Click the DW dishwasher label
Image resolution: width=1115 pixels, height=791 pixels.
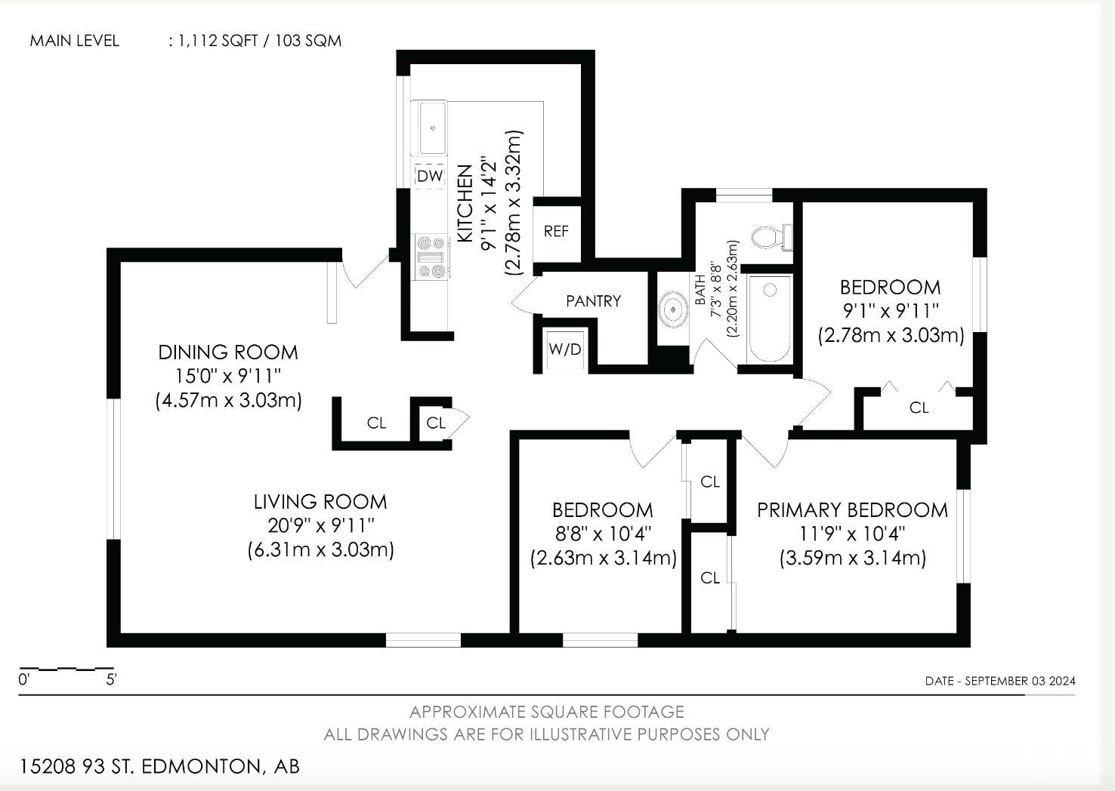point(430,176)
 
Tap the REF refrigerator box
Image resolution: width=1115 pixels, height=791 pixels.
point(557,231)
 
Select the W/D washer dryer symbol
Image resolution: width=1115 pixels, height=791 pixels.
point(565,349)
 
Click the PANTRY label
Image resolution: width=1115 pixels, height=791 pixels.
point(593,301)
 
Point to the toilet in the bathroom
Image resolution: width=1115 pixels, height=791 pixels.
point(771,237)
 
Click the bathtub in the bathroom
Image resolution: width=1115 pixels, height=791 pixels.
point(769,319)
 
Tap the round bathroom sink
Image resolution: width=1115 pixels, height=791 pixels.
point(673,309)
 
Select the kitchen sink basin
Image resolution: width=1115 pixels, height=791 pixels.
point(433,128)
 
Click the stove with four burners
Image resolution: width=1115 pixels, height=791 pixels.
point(431,257)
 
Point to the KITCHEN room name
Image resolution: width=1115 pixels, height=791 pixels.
point(465,204)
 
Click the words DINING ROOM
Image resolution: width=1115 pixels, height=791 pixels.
point(228,352)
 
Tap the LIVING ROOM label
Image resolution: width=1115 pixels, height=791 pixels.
point(320,501)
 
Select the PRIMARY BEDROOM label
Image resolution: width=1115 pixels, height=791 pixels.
point(853,510)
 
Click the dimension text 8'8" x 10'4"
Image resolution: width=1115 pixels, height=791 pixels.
point(604,534)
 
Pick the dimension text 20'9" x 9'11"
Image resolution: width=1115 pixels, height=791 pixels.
point(320,525)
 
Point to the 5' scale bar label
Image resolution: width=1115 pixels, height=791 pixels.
point(111,679)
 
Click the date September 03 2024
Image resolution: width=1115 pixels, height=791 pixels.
point(1020,681)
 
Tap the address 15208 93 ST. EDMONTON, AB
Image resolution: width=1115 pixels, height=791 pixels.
point(159,767)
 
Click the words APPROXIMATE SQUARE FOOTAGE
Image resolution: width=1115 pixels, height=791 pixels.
point(547,712)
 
